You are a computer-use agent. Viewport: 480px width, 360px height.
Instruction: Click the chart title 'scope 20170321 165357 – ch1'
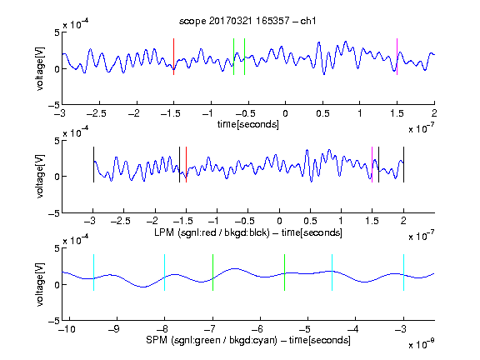click(247, 21)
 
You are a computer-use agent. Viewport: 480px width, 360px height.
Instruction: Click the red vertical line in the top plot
click(174, 57)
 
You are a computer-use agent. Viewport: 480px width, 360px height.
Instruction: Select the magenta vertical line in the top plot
click(397, 57)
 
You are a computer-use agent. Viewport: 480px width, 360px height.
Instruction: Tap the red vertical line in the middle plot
click(186, 165)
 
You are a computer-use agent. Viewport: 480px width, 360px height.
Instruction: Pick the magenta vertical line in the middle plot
click(372, 165)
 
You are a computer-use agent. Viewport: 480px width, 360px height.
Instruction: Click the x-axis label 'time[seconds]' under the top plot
click(248, 124)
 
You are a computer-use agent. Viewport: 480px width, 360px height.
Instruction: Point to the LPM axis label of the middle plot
click(248, 232)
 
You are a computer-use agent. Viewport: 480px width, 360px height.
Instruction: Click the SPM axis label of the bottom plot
click(248, 340)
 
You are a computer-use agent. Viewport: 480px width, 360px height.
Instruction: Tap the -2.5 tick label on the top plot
click(96, 113)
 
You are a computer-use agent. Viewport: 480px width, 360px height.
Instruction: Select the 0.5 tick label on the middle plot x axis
click(310, 221)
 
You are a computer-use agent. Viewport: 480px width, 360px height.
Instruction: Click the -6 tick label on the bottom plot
click(260, 329)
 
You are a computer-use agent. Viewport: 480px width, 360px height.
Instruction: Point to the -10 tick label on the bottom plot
click(66, 329)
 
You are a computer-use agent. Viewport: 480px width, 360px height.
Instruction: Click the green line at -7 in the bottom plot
click(212, 272)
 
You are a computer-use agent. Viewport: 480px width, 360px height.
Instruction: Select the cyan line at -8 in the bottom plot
click(165, 272)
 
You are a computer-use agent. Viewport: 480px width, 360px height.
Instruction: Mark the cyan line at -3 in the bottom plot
click(404, 272)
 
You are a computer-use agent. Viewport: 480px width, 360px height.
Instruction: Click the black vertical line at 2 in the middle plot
click(404, 165)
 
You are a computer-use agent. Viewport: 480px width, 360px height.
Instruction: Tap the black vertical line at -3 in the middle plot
click(93, 165)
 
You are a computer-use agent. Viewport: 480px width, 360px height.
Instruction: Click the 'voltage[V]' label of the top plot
click(40, 68)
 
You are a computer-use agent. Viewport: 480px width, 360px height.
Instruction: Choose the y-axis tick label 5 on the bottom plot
click(57, 248)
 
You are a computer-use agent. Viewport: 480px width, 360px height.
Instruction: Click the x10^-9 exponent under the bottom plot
click(422, 343)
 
